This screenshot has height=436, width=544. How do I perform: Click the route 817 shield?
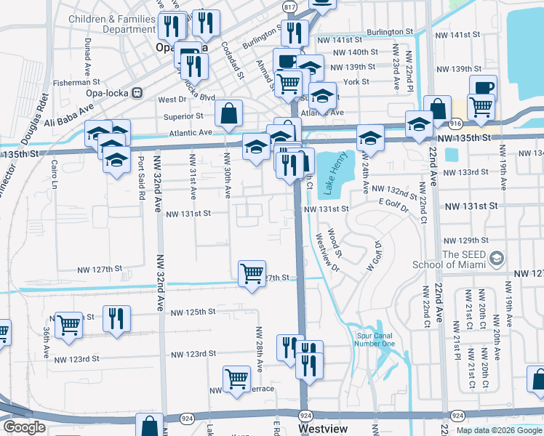pos(290,7)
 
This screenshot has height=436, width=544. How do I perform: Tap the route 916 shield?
pos(455,124)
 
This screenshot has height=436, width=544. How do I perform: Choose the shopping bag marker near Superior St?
pos(228,113)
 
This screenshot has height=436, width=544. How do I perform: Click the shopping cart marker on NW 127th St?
pos(252,274)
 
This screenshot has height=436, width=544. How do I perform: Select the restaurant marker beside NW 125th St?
pos(116,318)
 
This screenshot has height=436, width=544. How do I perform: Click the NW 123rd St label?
pos(192,354)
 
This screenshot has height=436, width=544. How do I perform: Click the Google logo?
pos(24,428)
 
